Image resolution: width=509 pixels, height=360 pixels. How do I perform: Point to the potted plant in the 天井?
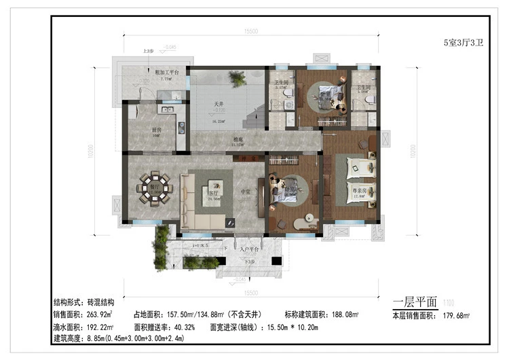(238, 81)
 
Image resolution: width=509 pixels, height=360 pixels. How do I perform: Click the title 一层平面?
(415, 302)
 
